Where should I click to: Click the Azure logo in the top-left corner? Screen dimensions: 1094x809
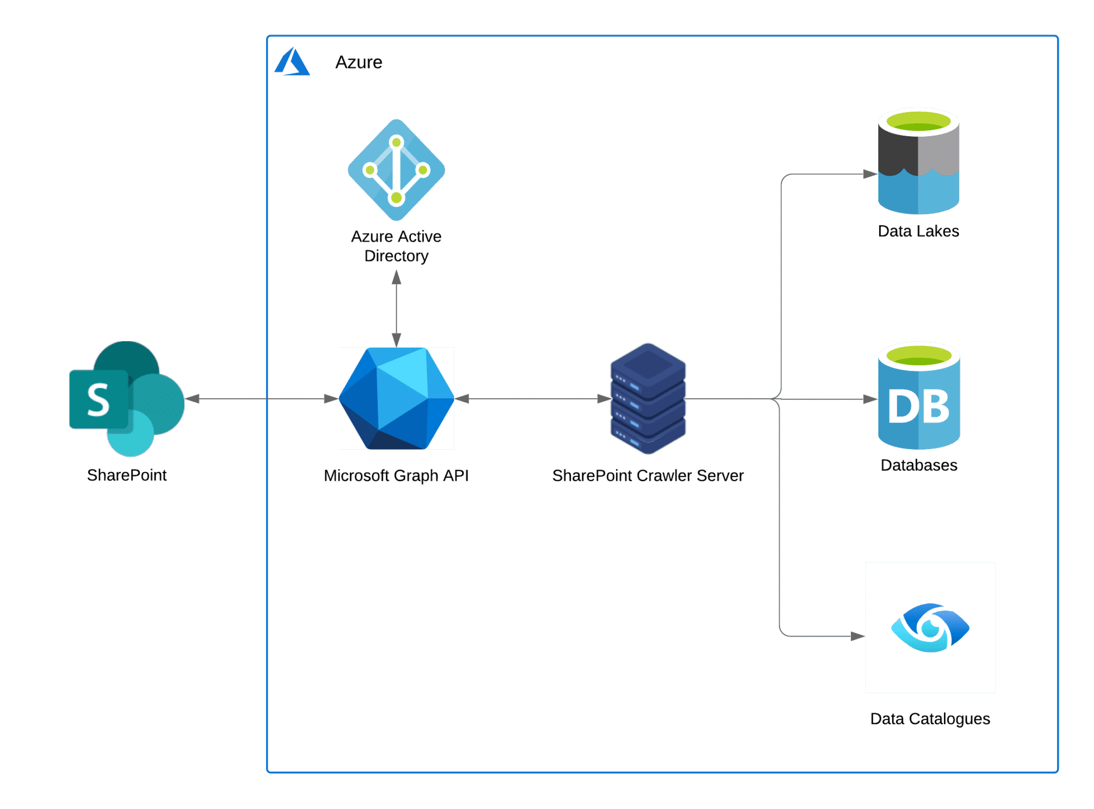(292, 61)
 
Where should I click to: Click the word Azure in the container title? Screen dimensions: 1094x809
(358, 62)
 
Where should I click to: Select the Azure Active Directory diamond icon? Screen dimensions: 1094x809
(396, 170)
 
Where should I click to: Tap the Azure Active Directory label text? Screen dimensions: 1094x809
(396, 246)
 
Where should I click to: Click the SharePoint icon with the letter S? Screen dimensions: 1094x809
(127, 398)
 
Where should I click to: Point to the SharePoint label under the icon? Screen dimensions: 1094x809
(127, 475)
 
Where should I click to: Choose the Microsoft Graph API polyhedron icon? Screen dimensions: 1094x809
(396, 398)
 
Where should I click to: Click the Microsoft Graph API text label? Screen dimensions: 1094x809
(396, 475)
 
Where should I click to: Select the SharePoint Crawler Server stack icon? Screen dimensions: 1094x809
(648, 398)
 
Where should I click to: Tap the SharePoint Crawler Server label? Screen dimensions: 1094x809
(648, 475)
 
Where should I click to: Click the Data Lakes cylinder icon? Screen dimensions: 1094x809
(919, 161)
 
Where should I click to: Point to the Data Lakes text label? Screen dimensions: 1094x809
(919, 231)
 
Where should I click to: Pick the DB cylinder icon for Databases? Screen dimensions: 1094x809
(919, 396)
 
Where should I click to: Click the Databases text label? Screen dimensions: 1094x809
(919, 465)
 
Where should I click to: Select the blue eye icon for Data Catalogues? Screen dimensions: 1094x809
(931, 627)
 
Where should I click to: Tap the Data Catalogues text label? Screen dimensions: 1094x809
(930, 719)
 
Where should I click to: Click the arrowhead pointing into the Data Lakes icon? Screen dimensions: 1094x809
(871, 174)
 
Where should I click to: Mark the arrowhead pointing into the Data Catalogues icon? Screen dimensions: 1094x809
(858, 636)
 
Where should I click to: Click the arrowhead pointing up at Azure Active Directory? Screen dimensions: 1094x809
(396, 277)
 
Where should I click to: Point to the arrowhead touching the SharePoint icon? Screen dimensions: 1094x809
(192, 399)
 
